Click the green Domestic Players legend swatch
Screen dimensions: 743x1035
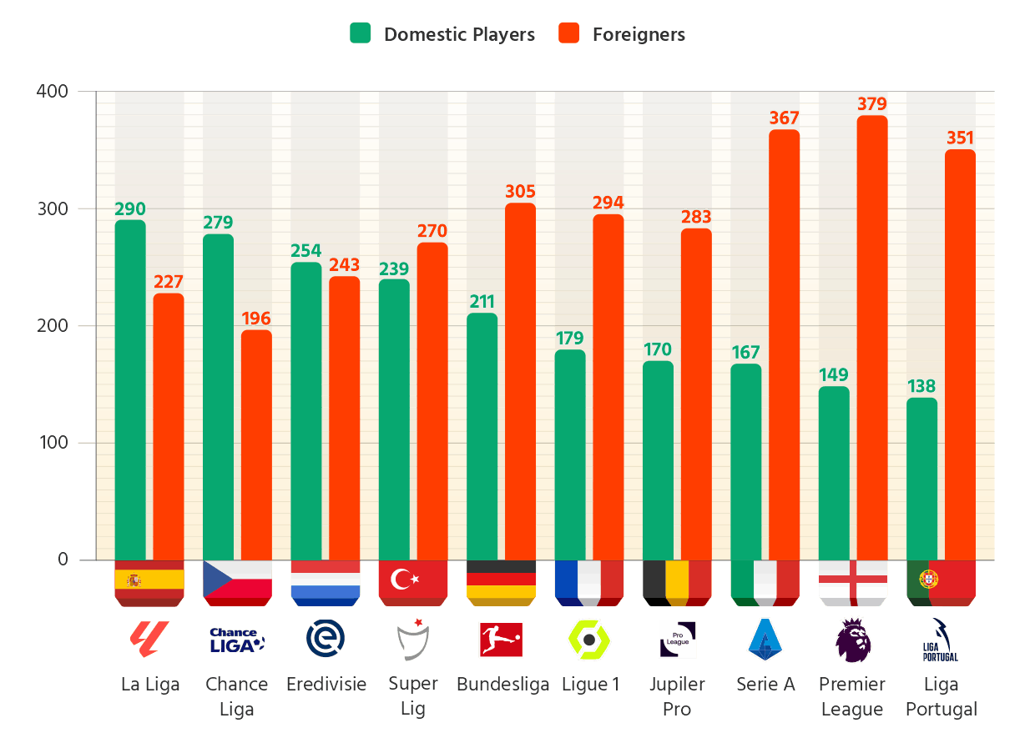coord(360,34)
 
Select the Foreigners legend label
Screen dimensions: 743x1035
coord(639,34)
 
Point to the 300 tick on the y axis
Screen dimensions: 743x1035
coord(52,208)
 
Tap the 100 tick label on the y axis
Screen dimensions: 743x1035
coord(52,443)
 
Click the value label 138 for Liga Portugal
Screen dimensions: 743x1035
coord(921,386)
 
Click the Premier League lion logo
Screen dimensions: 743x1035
coord(853,640)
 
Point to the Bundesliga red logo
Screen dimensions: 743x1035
coord(501,640)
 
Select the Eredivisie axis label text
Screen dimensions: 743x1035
coord(326,685)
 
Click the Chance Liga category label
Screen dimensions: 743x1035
coord(237,696)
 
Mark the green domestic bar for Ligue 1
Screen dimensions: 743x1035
coord(570,454)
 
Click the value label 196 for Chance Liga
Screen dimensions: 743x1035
coord(256,319)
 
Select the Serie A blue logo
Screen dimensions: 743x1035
coord(765,640)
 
